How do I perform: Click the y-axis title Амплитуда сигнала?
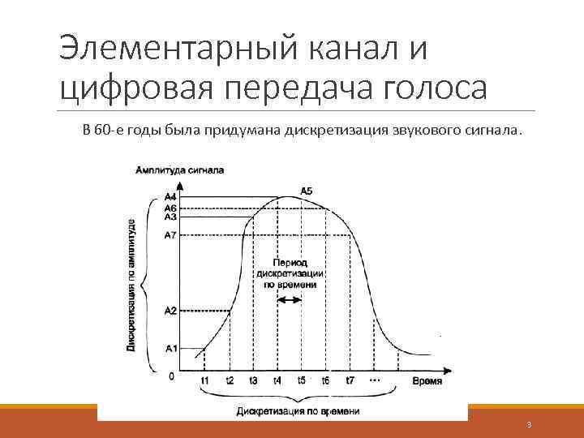tap(181, 170)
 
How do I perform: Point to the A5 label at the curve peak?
tap(307, 191)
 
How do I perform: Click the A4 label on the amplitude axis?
tap(170, 197)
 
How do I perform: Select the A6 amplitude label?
tap(170, 208)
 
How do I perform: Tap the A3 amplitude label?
tap(170, 217)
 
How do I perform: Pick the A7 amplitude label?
tap(170, 235)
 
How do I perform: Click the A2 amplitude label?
tap(170, 310)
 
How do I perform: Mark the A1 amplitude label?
tap(170, 349)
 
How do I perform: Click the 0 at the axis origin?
tap(171, 376)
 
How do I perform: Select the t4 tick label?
tap(277, 380)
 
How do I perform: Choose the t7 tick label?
tap(350, 380)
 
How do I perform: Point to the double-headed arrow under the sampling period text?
tap(290, 299)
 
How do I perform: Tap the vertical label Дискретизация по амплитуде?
tap(131, 284)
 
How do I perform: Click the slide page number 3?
tap(528, 426)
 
